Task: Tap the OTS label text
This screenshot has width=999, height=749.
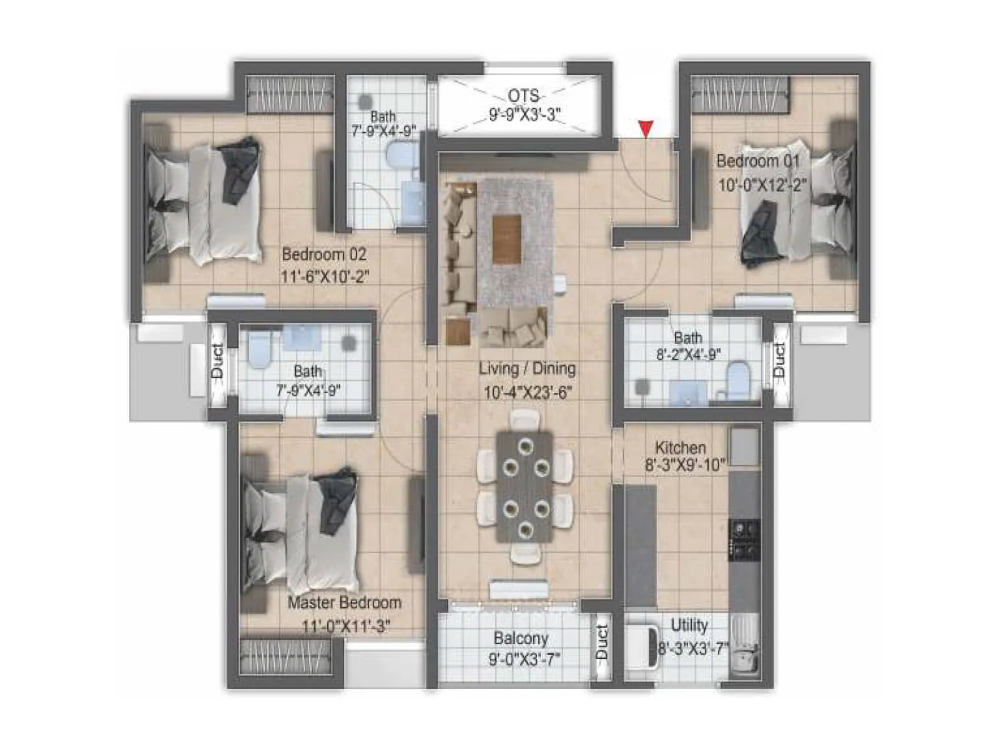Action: (x=523, y=95)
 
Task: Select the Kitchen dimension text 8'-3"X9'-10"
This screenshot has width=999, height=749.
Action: (x=684, y=465)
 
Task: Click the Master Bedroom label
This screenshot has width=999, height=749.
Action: (x=344, y=603)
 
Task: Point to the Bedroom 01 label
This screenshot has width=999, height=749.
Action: (x=757, y=161)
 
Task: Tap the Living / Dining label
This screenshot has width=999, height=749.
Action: (x=527, y=368)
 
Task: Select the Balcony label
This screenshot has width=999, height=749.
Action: (x=521, y=639)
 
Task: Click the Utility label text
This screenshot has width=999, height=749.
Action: (x=689, y=625)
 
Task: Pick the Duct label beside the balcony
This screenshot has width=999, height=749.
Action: (x=601, y=643)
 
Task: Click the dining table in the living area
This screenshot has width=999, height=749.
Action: (x=524, y=487)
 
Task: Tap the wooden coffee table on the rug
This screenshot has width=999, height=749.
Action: (x=506, y=239)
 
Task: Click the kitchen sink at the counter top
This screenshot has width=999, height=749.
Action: (x=744, y=446)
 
